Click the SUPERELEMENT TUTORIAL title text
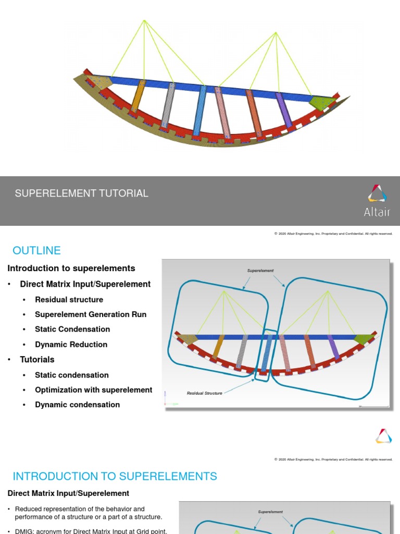[82, 193]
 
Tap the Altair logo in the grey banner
[378, 200]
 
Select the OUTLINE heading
[37, 250]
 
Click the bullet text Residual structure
[69, 299]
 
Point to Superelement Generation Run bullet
[91, 314]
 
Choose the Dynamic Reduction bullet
[71, 344]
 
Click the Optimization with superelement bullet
[93, 390]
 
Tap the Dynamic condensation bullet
[77, 405]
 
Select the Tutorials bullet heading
[37, 359]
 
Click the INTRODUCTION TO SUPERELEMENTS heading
[115, 476]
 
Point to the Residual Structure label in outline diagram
[204, 393]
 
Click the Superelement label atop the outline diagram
[260, 271]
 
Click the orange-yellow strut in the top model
[137, 96]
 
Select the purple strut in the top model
[284, 110]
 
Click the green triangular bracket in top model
[321, 101]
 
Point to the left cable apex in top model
[144, 21]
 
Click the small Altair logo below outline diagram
[383, 436]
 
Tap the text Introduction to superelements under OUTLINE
[71, 268]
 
